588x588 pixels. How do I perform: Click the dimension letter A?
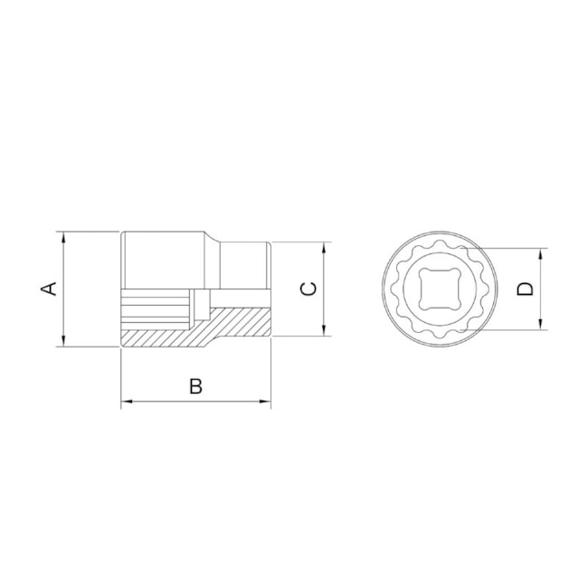pyautogui.click(x=49, y=289)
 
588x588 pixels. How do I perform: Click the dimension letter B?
pyautogui.click(x=195, y=386)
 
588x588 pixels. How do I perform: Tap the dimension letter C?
pyautogui.click(x=308, y=289)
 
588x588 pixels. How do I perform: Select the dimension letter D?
pyautogui.click(x=525, y=289)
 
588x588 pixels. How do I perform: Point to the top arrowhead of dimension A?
pyautogui.click(x=63, y=237)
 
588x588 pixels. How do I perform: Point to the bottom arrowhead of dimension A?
pyautogui.click(x=63, y=341)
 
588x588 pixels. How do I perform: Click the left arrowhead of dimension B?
pyautogui.click(x=127, y=402)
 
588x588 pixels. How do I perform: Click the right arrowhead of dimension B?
pyautogui.click(x=265, y=402)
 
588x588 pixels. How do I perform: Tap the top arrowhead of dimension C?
pyautogui.click(x=325, y=248)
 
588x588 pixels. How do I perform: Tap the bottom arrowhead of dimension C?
pyautogui.click(x=325, y=330)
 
